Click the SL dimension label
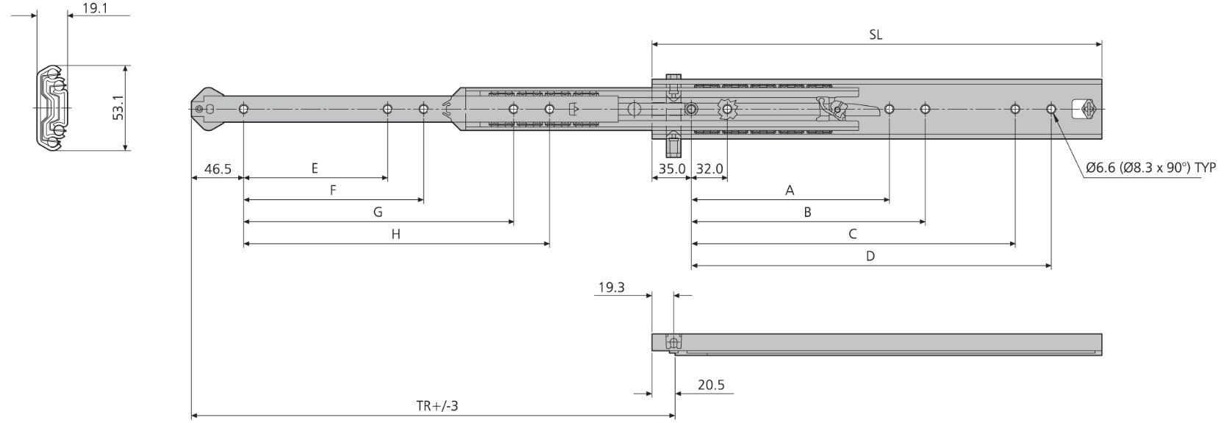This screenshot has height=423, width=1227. tap(875, 35)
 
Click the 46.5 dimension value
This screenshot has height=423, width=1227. tap(218, 168)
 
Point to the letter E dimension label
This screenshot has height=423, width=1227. tap(315, 168)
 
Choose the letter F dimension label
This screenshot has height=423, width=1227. tap(332, 191)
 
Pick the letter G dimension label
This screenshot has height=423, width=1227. tap(378, 212)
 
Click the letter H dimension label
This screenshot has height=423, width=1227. tap(396, 234)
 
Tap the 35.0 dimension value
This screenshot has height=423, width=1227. tap(671, 168)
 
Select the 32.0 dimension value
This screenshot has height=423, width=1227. tap(709, 168)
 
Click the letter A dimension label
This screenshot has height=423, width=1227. tap(790, 191)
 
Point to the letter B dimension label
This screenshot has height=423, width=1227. tap(807, 212)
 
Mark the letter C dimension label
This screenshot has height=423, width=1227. tap(852, 234)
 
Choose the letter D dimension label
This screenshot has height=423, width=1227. tap(870, 256)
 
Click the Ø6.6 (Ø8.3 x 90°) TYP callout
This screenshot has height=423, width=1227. tap(1151, 168)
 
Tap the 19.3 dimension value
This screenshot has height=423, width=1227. tap(610, 288)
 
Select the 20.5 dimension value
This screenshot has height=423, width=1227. tap(711, 385)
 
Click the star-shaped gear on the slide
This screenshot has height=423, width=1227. tap(727, 110)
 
